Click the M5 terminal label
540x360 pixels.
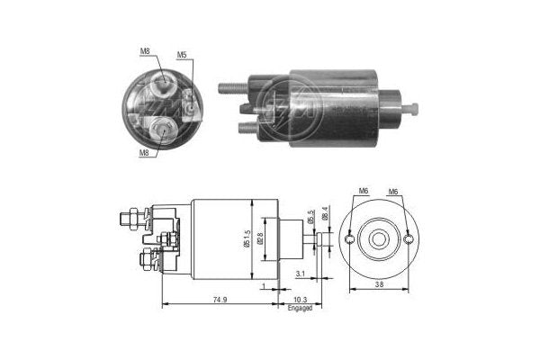181,56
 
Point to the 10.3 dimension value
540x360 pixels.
300,299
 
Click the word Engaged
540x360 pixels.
300,308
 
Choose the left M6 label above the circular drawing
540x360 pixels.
363,192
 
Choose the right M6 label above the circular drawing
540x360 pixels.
393,192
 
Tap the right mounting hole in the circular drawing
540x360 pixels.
409,238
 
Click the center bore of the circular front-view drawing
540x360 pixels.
380,238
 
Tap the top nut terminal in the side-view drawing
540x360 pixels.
127,217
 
